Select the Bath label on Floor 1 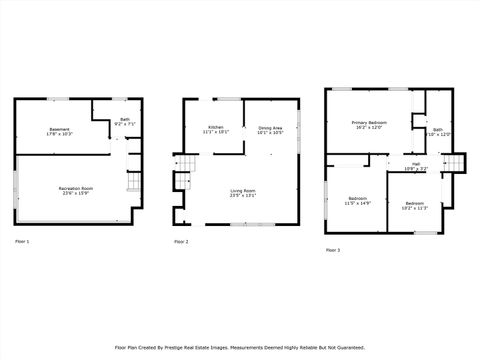click(125, 120)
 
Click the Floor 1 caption click(23, 242)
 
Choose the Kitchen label click(215, 127)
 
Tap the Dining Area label click(271, 127)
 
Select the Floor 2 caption click(181, 242)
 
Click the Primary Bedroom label click(369, 122)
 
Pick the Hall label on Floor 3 click(415, 163)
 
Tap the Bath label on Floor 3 click(438, 130)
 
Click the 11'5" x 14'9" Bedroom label click(357, 199)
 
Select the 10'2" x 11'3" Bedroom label click(415, 205)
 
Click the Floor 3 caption click(332, 249)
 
